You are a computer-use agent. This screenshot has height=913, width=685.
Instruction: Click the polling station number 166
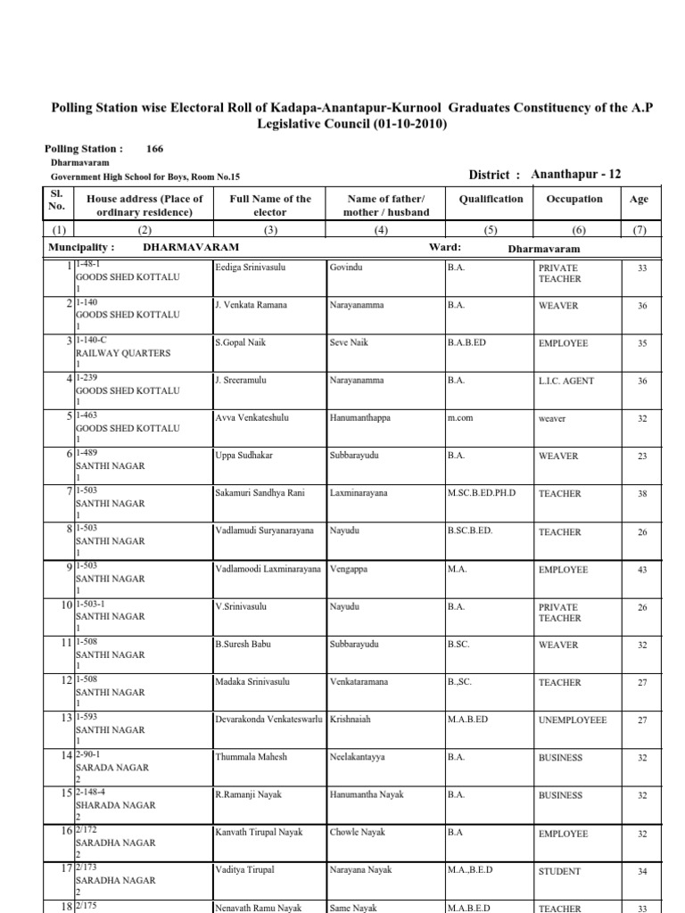click(x=155, y=149)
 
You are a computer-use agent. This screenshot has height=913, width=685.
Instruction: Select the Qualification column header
click(x=491, y=200)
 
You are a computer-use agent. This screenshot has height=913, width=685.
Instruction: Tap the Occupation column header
click(x=574, y=200)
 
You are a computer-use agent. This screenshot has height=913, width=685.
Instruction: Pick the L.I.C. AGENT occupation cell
click(x=565, y=381)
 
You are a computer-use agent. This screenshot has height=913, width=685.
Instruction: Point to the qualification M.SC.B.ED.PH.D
click(x=482, y=493)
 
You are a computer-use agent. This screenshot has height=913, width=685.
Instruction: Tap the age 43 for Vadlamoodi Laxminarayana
click(x=641, y=570)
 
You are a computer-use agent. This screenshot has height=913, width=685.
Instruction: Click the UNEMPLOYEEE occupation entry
click(x=573, y=720)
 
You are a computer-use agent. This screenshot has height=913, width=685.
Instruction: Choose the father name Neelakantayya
click(x=357, y=757)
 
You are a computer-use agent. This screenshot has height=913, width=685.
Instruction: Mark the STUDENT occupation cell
click(x=559, y=872)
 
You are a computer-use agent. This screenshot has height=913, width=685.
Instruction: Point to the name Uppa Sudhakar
click(x=243, y=456)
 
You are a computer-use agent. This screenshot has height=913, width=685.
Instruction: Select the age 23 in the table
click(x=641, y=456)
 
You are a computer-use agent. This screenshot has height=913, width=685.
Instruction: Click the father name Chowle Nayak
click(x=357, y=832)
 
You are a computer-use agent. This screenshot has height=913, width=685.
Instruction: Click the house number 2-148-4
click(x=95, y=791)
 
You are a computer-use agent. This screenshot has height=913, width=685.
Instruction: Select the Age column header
click(x=639, y=200)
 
